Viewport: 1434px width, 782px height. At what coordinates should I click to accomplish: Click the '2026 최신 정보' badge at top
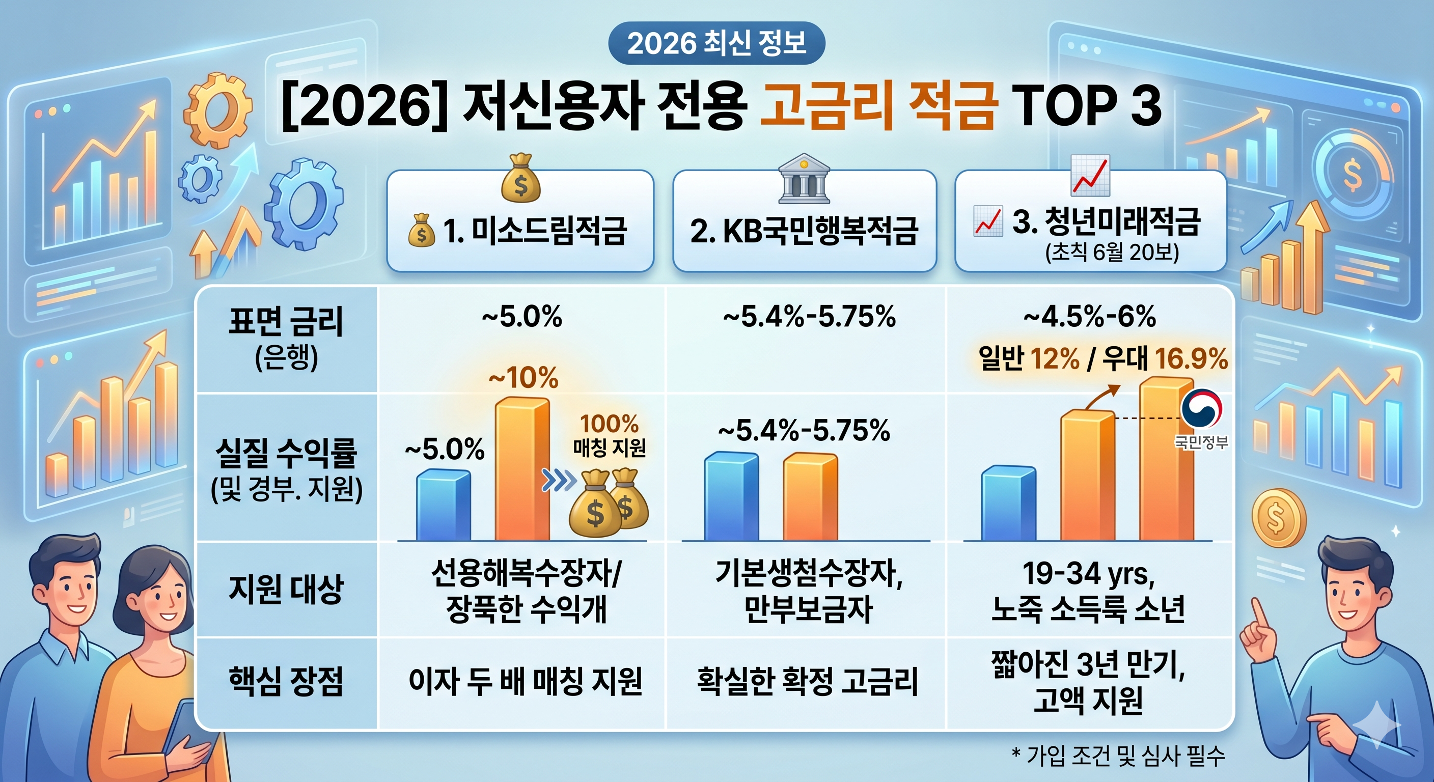(x=716, y=43)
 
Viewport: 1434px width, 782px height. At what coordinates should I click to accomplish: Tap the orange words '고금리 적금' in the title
(x=877, y=106)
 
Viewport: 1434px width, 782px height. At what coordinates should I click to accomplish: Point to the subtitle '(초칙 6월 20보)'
(x=1112, y=253)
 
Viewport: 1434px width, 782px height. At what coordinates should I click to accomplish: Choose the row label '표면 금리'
(x=286, y=321)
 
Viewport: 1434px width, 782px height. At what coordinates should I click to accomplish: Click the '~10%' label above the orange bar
(x=523, y=378)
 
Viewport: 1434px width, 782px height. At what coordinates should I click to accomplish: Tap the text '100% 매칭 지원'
(x=609, y=436)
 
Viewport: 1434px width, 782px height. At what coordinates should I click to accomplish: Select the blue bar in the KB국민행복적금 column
(x=731, y=496)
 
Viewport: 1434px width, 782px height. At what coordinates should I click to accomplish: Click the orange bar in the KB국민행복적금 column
(x=810, y=496)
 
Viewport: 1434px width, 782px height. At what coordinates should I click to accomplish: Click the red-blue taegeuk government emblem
(x=1201, y=408)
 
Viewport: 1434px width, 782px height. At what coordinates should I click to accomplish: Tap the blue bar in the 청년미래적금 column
(x=1008, y=504)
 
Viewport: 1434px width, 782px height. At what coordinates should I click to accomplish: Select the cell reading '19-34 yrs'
(x=1088, y=574)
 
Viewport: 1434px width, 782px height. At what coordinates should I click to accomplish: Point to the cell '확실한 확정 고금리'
(x=807, y=681)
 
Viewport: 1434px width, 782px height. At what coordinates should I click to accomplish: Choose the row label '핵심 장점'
(x=286, y=681)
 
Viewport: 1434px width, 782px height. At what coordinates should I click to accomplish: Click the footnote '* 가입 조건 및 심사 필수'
(x=1118, y=756)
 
